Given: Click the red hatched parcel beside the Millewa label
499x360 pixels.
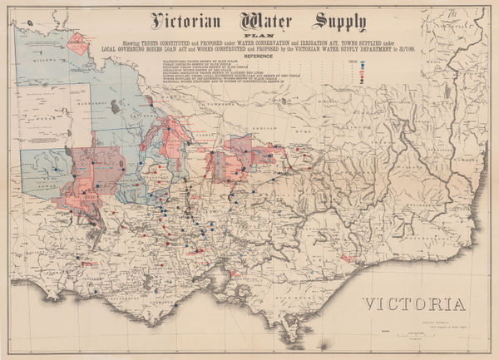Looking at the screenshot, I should tap(79, 42).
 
